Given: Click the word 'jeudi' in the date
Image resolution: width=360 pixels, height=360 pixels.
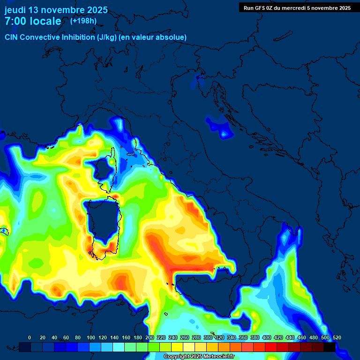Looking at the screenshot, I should (15, 10).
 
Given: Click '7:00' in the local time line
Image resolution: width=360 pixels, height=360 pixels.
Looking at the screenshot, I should (15, 21).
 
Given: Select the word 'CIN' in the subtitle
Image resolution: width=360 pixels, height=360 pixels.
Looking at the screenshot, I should (12, 37).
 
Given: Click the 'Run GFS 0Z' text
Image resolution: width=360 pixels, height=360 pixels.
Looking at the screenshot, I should (259, 7).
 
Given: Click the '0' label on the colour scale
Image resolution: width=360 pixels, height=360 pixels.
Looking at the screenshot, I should (30, 337).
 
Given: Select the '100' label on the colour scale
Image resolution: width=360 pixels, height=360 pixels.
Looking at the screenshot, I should (90, 337).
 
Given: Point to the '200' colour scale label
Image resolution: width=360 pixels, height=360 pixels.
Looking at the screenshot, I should (150, 337).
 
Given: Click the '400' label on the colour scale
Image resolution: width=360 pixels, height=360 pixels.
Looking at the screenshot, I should (267, 337).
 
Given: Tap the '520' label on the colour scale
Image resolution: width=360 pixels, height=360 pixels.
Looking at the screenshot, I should (337, 337).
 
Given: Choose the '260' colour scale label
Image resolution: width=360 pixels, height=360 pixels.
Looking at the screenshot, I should (185, 337).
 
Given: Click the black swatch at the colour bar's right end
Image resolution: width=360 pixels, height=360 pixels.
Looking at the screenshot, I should (330, 347).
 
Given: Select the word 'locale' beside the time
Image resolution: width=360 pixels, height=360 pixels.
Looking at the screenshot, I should (45, 21).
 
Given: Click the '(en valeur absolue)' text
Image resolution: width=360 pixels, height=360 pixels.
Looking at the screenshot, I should (154, 37).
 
